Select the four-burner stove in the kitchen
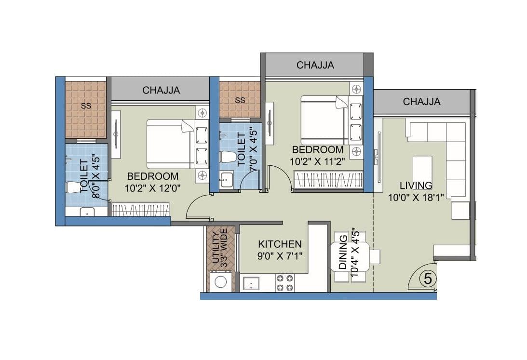tap(284, 282)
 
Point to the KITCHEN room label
tap(280, 244)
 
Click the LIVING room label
tap(416, 186)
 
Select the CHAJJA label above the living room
tap(421, 102)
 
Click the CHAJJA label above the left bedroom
tap(161, 90)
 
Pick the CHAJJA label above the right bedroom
tap(315, 65)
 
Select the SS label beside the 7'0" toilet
tap(240, 100)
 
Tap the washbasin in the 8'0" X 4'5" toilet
tap(87, 212)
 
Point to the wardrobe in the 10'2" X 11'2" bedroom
tap(327, 183)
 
